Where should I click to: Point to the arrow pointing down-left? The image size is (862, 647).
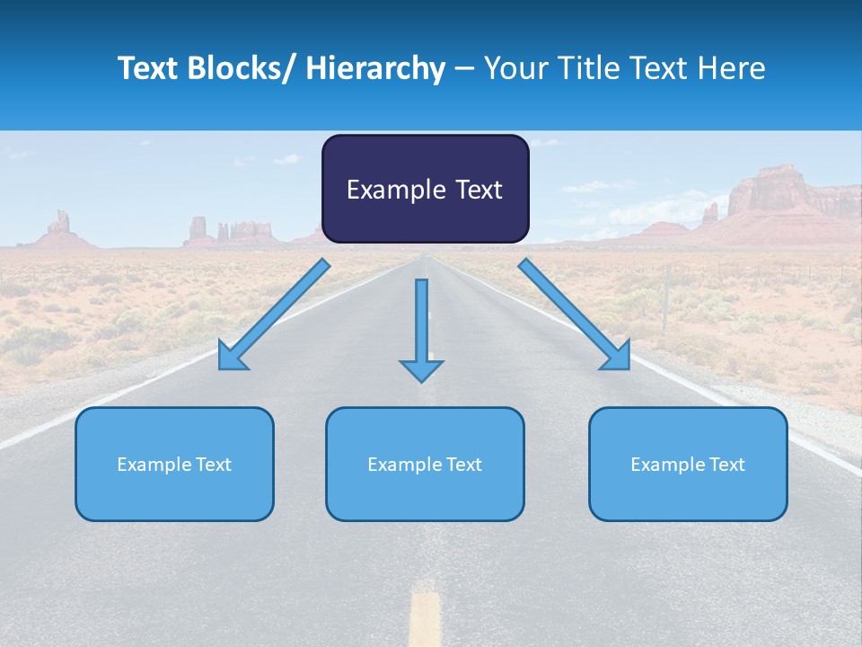275,315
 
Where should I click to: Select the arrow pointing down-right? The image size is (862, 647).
574,315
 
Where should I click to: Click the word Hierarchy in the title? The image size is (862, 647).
375,68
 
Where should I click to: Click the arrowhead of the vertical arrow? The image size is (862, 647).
421,369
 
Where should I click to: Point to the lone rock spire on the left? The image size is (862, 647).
61,223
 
